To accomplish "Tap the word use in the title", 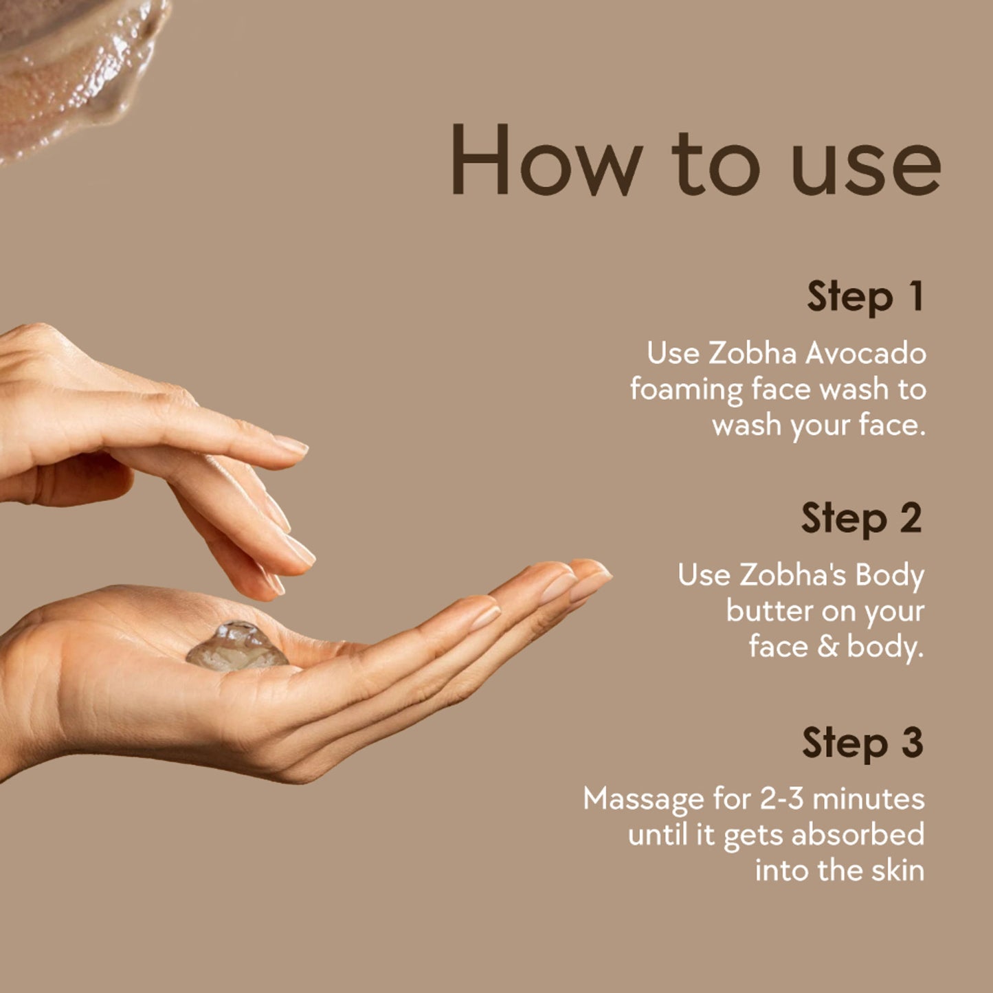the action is point(866,168).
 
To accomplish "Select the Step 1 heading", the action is point(866,298).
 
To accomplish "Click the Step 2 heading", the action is point(862,519).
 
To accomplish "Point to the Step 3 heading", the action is point(862,743).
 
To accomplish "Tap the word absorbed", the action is point(858,835).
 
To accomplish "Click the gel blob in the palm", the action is point(236,647).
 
